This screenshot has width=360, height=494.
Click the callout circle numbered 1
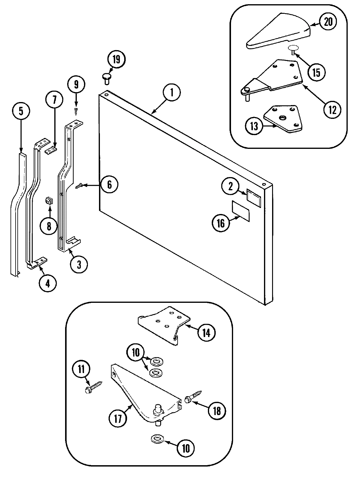(172, 93)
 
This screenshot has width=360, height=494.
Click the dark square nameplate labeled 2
(253, 195)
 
